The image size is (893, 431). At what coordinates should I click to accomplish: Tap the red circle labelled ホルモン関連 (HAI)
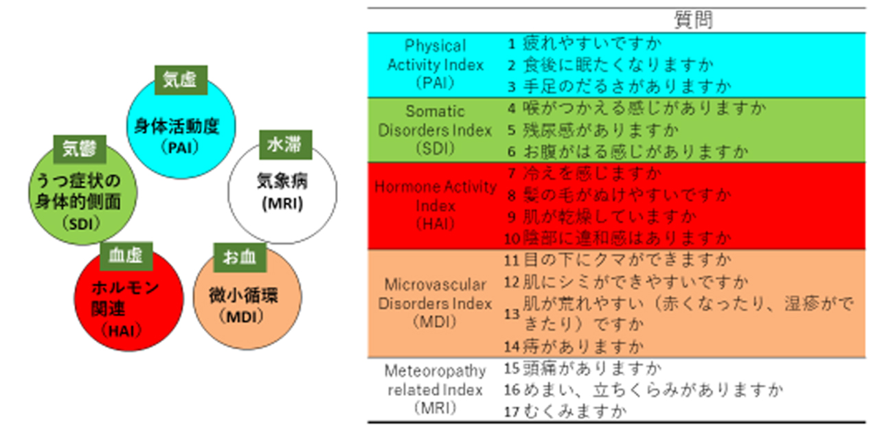pyautogui.click(x=128, y=302)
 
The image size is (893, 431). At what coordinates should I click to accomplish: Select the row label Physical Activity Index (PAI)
pyautogui.click(x=435, y=65)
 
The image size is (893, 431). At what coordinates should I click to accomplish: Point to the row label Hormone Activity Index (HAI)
pyautogui.click(x=435, y=205)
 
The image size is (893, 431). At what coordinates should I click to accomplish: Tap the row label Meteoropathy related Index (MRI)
pyautogui.click(x=435, y=389)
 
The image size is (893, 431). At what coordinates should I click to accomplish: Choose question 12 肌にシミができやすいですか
pyautogui.click(x=635, y=281)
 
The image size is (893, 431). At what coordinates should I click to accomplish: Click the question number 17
pyautogui.click(x=512, y=412)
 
